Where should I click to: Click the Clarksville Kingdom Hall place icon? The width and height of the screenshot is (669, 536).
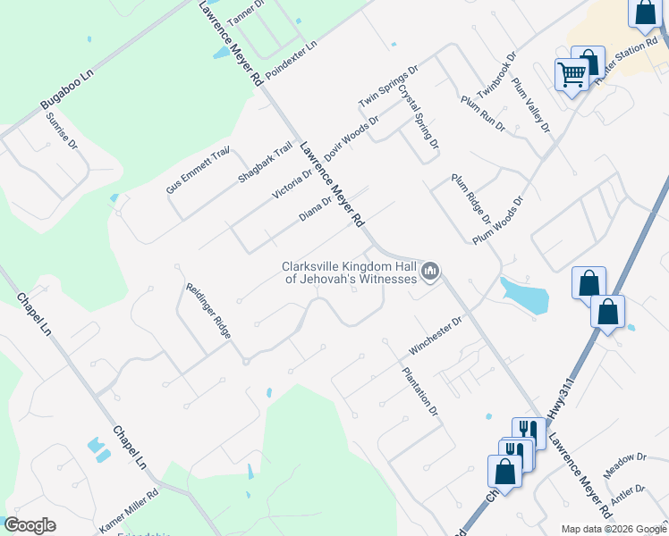point(431,271)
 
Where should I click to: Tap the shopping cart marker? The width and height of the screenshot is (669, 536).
point(572,74)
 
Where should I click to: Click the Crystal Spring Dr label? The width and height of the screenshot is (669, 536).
point(419,116)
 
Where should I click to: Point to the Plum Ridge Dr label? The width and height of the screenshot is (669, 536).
point(471,199)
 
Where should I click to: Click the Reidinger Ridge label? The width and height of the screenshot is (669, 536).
point(208,311)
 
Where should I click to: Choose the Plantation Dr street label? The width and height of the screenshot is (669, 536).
point(420,392)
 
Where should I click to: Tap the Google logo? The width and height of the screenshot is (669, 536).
point(30,525)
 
